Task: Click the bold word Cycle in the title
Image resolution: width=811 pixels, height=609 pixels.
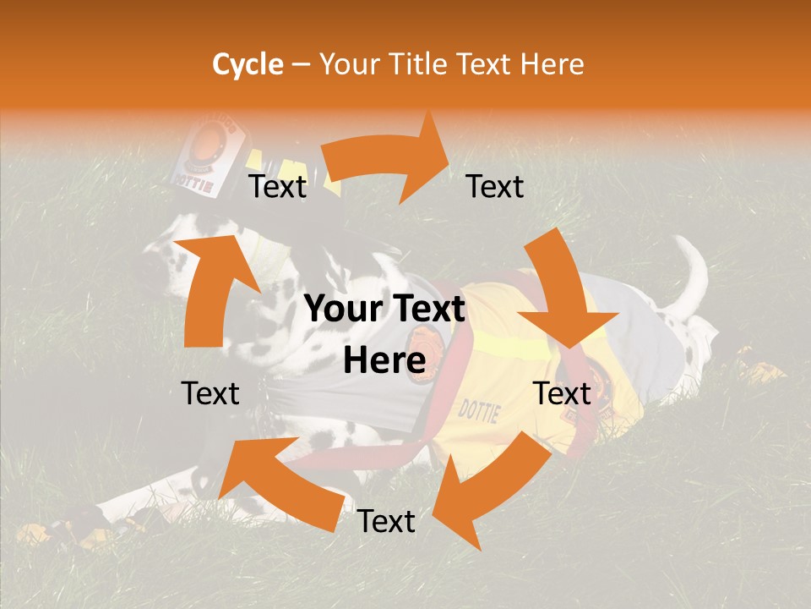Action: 248,64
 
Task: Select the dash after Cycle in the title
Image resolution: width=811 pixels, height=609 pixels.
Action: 301,65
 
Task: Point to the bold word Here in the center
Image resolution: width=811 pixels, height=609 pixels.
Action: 384,361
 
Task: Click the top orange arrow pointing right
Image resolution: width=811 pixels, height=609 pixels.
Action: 389,161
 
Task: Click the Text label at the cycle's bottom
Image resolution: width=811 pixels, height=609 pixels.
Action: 386,522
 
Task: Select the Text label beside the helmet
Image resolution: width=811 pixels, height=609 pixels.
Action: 278,187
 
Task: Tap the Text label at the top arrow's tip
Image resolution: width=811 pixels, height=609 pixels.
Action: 495,187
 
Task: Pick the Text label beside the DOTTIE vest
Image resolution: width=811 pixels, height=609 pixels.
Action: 562,393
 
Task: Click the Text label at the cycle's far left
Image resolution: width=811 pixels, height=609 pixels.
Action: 210,393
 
